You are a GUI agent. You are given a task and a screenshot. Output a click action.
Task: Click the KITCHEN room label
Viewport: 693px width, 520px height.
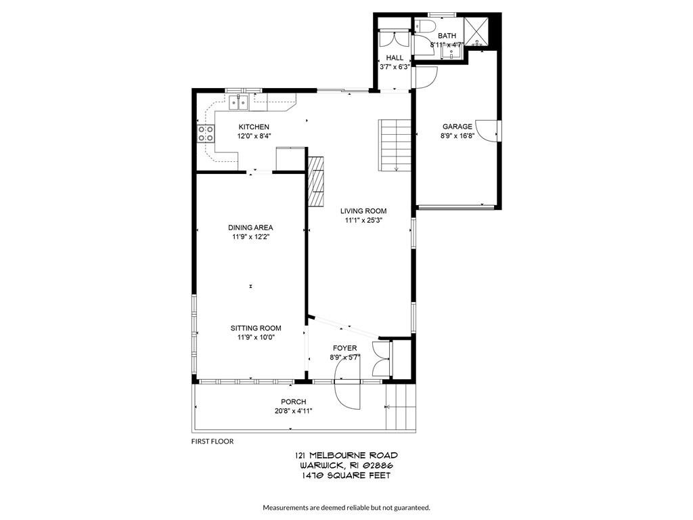254,127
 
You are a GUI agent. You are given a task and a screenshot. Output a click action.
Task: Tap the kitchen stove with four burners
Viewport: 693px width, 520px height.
206,133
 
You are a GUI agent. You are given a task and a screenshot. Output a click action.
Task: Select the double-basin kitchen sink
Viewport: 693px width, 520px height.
238,102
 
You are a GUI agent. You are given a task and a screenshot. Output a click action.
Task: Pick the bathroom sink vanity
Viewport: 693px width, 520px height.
449,50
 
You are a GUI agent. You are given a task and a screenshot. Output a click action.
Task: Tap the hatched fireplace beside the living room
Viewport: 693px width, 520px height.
316,180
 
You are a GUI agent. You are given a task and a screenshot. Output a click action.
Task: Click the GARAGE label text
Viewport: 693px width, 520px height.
457,127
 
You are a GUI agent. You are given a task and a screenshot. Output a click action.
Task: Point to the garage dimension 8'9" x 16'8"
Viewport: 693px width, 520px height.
457,135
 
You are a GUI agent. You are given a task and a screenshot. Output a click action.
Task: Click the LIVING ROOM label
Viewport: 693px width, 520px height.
363,211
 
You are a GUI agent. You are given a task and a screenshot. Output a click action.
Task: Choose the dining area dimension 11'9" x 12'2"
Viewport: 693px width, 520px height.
251,237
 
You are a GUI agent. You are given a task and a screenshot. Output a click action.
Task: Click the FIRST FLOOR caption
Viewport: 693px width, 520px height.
213,441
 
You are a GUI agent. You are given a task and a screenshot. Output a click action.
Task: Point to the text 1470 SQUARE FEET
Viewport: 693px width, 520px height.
346,475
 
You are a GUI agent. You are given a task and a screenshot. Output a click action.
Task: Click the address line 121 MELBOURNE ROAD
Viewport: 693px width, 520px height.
346,456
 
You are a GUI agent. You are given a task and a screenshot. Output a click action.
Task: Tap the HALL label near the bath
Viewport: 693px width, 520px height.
395,58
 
